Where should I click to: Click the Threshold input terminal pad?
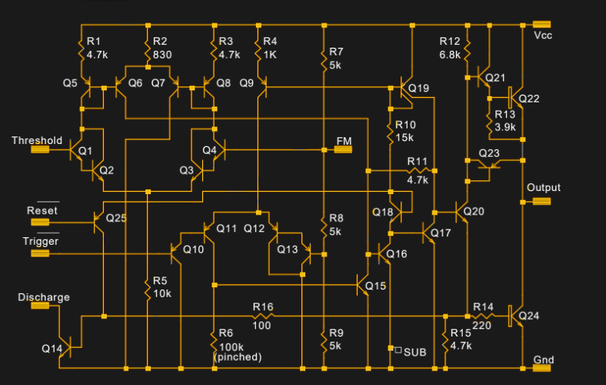[x=40, y=149]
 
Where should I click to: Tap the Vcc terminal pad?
[x=542, y=24]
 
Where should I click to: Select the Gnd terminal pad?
[x=542, y=368]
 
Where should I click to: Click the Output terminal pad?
[x=542, y=202]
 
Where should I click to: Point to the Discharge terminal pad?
[x=40, y=305]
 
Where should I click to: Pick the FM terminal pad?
[x=343, y=149]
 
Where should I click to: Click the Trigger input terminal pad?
[x=40, y=254]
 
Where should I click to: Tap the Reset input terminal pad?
[x=40, y=222]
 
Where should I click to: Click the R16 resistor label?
[x=263, y=307]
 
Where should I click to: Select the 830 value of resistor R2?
[x=162, y=55]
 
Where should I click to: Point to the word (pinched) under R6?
[x=238, y=357]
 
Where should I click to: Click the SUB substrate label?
[x=415, y=352]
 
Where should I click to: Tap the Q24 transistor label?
[x=529, y=316]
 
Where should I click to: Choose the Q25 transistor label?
[x=117, y=218]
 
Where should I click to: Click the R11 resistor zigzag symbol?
[x=418, y=171]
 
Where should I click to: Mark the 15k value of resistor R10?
[x=405, y=137]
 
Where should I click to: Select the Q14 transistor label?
[x=52, y=349]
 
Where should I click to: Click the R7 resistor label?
[x=336, y=52]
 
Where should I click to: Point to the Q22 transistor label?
[x=529, y=99]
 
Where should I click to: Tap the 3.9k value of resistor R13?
[x=505, y=127]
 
